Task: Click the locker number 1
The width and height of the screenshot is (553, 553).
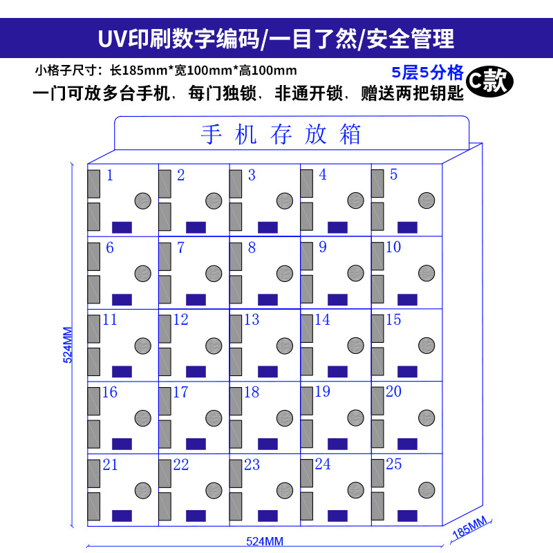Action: click(109, 175)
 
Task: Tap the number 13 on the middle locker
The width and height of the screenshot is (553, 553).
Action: click(252, 320)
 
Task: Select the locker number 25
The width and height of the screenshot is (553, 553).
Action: click(393, 465)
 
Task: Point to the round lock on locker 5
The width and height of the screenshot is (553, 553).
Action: click(427, 201)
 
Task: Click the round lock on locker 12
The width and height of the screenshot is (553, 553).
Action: click(214, 346)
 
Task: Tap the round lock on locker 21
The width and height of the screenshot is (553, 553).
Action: click(143, 491)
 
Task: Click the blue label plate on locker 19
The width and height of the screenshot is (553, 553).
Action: click(337, 444)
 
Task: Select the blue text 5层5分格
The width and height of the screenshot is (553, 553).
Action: click(426, 73)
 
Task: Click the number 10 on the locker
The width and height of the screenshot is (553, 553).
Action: click(393, 247)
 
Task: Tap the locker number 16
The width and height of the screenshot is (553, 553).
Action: click(109, 393)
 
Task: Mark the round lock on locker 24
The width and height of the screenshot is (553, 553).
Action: click(356, 491)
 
